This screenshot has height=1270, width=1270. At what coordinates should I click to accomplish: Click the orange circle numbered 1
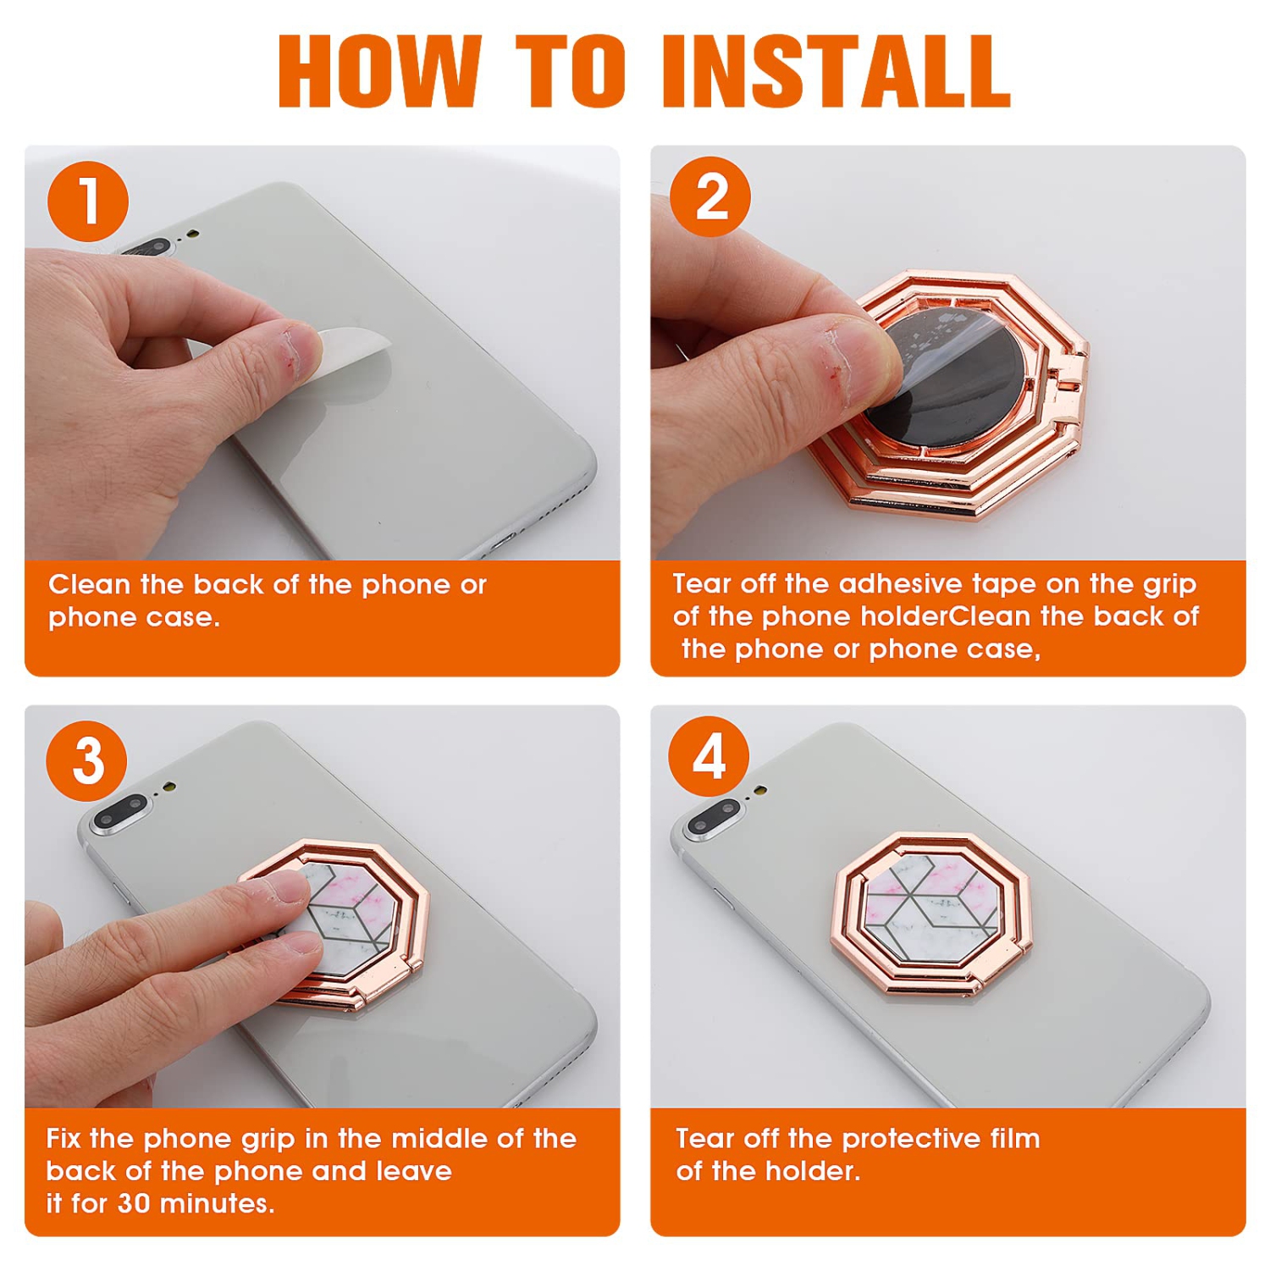click(88, 202)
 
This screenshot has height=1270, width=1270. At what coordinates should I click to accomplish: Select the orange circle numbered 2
click(710, 196)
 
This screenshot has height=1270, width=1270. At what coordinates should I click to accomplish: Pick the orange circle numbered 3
click(87, 760)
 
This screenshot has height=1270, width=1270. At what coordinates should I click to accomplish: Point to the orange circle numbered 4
click(709, 756)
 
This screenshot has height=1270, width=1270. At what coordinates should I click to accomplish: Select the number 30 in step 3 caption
click(134, 1203)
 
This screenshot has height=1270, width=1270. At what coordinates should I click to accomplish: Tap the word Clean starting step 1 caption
click(89, 584)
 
